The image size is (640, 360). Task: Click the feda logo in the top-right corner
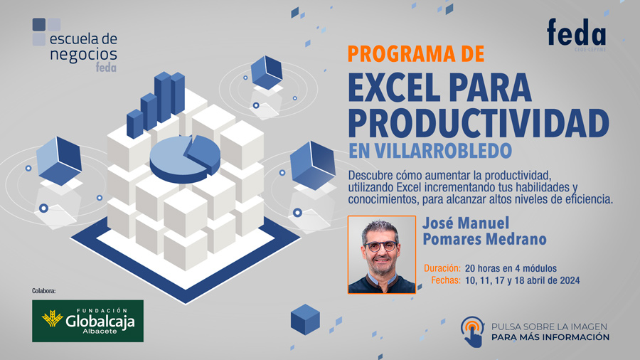576,34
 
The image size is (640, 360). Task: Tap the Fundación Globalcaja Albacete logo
87,321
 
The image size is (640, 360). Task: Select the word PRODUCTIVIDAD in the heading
479,123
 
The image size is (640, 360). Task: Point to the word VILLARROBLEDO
443,151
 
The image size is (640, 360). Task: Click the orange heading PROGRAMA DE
416,54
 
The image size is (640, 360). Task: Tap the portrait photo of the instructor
382,255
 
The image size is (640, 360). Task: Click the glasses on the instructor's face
381,246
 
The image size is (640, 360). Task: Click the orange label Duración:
442,268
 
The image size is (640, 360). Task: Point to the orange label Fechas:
446,280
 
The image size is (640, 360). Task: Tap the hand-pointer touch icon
473,332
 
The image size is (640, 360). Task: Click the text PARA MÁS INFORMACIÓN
550,337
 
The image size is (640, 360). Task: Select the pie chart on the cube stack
185,159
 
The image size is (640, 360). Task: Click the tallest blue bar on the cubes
162,97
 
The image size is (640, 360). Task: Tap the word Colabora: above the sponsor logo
43,291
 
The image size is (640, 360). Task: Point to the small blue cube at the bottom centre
305,319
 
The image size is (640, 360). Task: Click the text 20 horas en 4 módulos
511,268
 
